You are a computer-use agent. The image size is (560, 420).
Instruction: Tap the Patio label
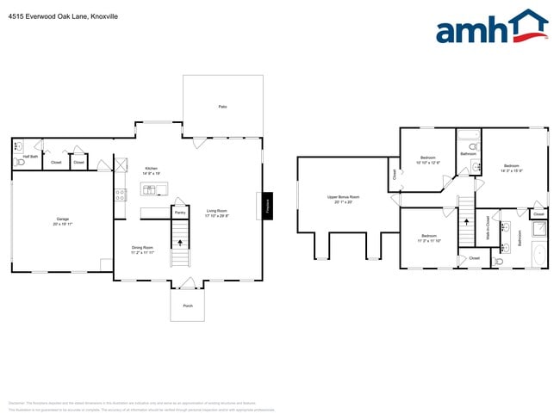coord(222,106)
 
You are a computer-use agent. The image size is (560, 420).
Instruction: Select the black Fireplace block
coord(266,206)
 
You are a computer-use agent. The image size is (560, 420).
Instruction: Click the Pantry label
coord(180,212)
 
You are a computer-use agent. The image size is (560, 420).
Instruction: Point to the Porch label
coord(187,306)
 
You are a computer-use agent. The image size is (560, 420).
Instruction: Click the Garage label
coord(62,219)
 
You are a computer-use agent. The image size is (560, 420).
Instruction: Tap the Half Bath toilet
coord(19,162)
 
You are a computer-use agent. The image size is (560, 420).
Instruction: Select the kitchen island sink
coord(148,188)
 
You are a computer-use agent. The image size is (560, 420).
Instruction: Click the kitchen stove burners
coord(119,195)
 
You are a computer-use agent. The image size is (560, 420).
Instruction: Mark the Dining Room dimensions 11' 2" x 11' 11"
coord(142,253)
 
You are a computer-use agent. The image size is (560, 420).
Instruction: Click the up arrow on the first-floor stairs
coord(180,242)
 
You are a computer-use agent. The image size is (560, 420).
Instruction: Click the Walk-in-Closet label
coord(488,225)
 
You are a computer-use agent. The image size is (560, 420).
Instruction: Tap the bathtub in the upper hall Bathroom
coord(469,135)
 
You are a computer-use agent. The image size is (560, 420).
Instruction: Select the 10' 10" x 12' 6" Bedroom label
coord(428,160)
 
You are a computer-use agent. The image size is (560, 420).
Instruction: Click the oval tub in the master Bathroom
coord(539,253)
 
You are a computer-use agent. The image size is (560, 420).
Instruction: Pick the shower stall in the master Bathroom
coord(538,228)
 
